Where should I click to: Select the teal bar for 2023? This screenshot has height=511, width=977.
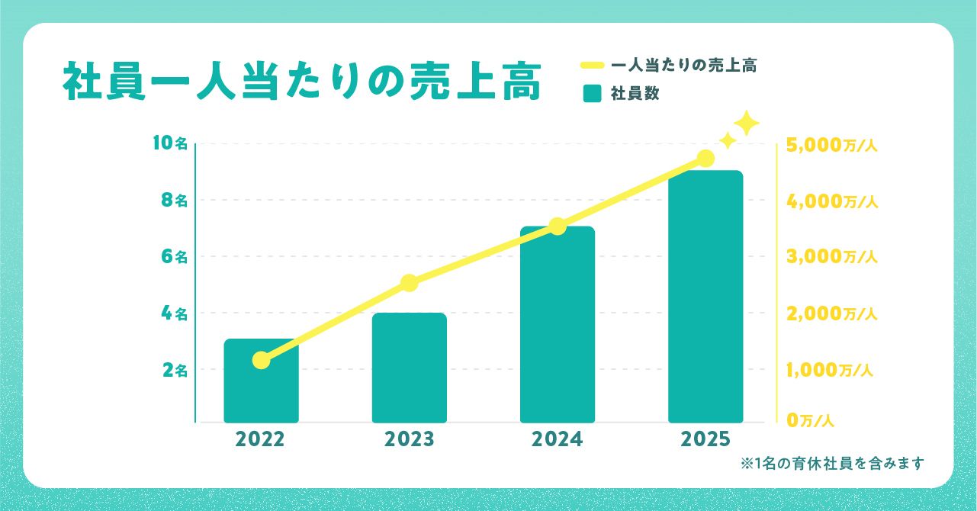409,368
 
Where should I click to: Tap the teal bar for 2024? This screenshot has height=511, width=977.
558,324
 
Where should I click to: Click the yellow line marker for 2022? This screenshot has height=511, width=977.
261,360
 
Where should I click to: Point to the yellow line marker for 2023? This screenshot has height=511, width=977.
409,283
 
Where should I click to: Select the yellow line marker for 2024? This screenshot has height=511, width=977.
558,226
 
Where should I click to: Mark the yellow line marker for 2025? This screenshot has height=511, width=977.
705,159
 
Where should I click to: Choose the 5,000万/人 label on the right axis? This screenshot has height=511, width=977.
832,145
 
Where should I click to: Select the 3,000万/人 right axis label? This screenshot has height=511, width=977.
832,257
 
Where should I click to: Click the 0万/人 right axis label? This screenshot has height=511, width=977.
811,419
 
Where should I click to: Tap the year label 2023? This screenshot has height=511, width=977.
409,440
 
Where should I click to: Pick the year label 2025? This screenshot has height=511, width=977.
705,440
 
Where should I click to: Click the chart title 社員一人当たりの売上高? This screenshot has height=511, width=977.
301,83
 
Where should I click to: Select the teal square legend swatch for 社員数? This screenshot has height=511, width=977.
592,94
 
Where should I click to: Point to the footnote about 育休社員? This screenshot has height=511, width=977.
832,463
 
